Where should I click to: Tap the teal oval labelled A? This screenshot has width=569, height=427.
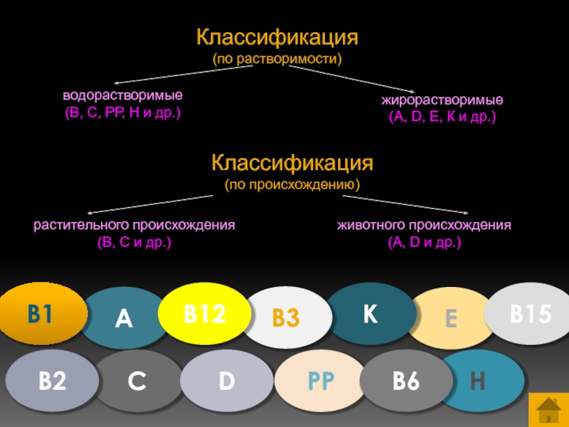[x=124, y=319]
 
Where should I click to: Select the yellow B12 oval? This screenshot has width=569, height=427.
[x=203, y=313]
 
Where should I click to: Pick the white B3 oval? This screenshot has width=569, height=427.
[x=286, y=318]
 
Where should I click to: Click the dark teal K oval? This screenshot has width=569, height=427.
[x=370, y=314]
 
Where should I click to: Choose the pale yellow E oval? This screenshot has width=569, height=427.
[x=451, y=318]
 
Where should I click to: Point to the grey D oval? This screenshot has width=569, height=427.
[x=226, y=381]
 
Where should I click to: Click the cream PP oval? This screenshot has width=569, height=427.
[x=320, y=381]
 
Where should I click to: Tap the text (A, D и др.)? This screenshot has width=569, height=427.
[x=425, y=243]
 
